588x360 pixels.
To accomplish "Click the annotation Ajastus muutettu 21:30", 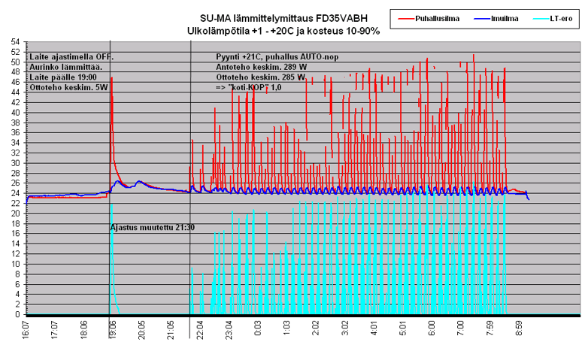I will tap(153, 226).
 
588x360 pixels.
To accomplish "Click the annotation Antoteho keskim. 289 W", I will tap(260, 67).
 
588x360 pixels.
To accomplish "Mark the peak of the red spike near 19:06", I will tap(111, 77).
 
